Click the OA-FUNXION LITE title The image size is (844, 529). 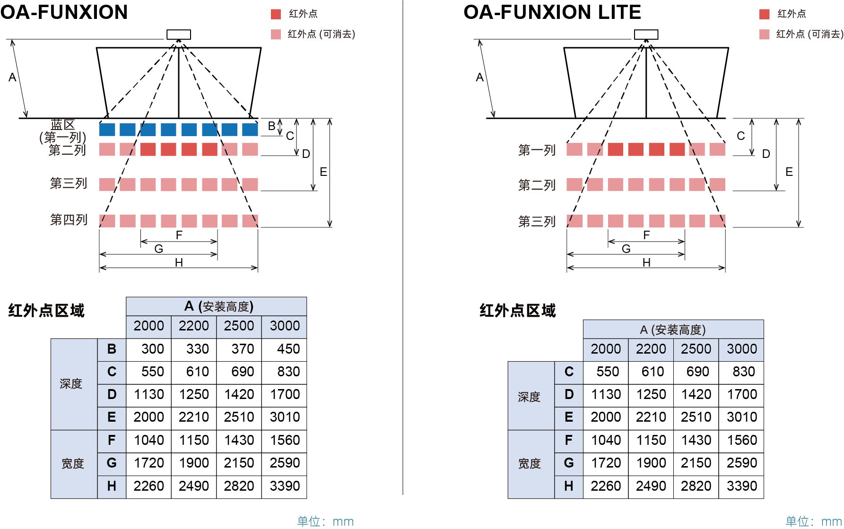[x=552, y=12]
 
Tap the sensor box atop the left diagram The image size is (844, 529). [x=179, y=35]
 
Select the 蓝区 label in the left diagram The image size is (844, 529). [x=63, y=125]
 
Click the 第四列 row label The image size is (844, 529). [x=69, y=220]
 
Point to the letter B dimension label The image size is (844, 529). [x=271, y=126]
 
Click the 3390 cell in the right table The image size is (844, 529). [x=742, y=486]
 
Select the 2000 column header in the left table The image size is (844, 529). [x=148, y=326]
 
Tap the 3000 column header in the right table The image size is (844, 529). [x=742, y=349]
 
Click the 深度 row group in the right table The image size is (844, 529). [x=529, y=397]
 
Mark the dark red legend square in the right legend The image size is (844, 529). [x=765, y=14]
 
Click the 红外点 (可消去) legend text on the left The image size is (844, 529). [x=322, y=34]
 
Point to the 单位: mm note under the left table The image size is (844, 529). [x=325, y=521]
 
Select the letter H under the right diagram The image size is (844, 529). [x=646, y=262]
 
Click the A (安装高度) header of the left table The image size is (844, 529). [x=219, y=306]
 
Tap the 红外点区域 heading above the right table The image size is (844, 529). [x=518, y=311]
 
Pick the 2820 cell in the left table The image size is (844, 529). [x=239, y=486]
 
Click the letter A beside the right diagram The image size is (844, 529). [x=479, y=77]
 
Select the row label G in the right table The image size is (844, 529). [x=569, y=463]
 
